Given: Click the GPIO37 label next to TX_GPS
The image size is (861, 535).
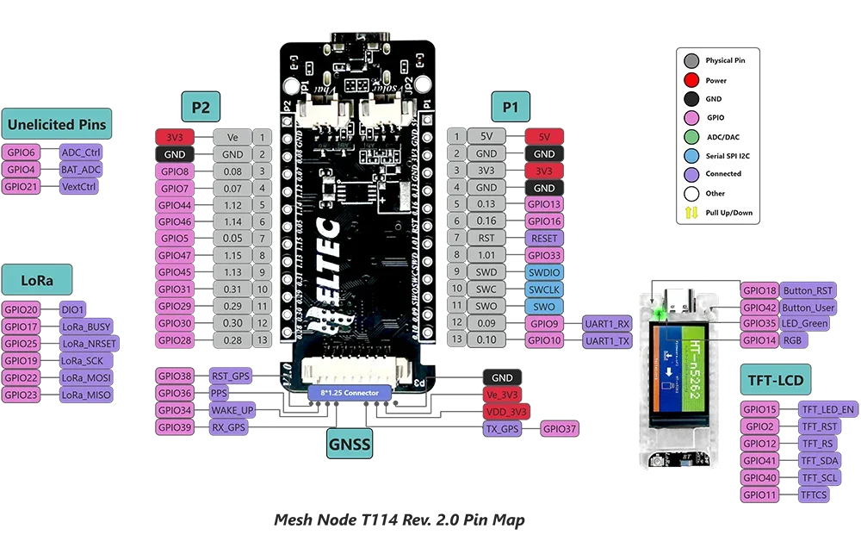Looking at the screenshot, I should pyautogui.click(x=558, y=428).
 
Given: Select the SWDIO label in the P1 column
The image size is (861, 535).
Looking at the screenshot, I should pyautogui.click(x=544, y=271).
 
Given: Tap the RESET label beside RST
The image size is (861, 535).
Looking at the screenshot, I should pyautogui.click(x=544, y=238).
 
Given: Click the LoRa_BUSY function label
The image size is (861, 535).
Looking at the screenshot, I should pyautogui.click(x=87, y=327).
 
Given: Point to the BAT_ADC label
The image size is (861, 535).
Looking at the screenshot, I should pyautogui.click(x=82, y=170).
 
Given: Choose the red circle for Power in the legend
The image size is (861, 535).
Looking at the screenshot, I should pyautogui.click(x=691, y=80).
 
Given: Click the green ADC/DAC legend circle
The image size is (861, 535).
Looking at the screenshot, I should pyautogui.click(x=691, y=137).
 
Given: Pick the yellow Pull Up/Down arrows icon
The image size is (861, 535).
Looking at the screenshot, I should pyautogui.click(x=691, y=213).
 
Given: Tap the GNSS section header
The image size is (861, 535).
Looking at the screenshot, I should pyautogui.click(x=349, y=445).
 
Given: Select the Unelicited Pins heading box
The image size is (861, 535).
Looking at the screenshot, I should pyautogui.click(x=57, y=124).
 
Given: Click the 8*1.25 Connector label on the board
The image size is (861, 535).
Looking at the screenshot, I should pyautogui.click(x=350, y=393).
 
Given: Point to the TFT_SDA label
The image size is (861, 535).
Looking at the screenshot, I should pyautogui.click(x=818, y=461).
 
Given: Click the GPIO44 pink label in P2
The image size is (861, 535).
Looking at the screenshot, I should pyautogui.click(x=175, y=205).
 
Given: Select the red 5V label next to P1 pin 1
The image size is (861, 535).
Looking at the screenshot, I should pyautogui.click(x=544, y=136).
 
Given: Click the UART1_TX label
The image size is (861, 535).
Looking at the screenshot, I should pyautogui.click(x=609, y=340).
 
